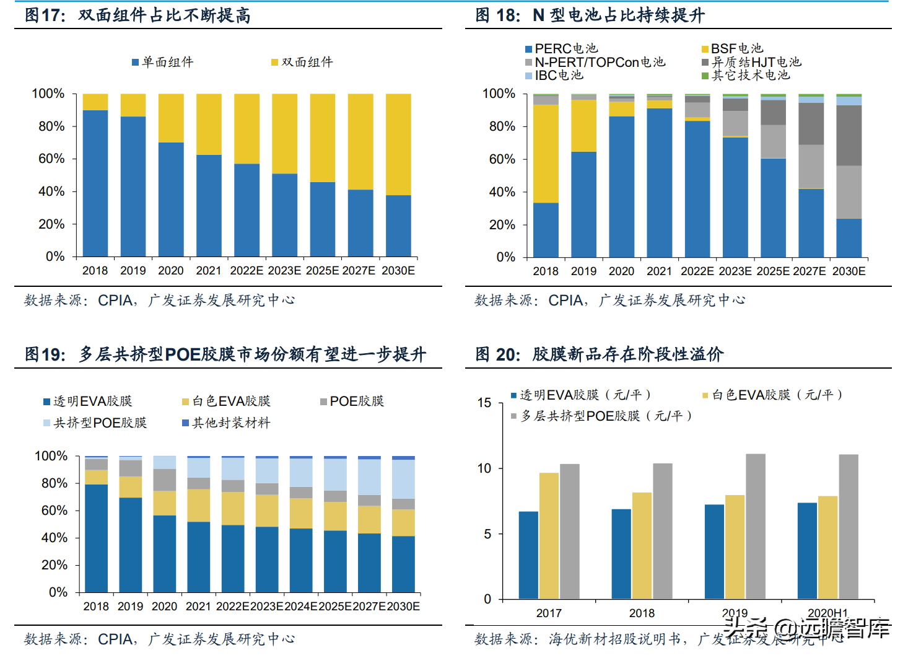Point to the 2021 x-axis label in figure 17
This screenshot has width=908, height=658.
[208, 271]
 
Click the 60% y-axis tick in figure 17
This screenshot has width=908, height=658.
[51, 159]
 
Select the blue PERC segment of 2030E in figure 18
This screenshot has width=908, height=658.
[849, 238]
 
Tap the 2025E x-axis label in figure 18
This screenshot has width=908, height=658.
[773, 271]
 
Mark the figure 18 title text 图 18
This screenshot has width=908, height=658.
[497, 15]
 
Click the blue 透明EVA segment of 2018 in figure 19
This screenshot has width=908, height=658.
[96, 538]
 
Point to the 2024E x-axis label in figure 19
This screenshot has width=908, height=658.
[301, 607]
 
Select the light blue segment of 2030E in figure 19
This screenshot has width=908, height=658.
[403, 479]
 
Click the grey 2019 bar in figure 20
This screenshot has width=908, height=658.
[756, 527]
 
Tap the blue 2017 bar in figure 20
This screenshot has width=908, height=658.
[528, 555]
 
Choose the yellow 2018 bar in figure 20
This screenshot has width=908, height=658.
[642, 546]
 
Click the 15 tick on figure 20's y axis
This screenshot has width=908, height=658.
[484, 403]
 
